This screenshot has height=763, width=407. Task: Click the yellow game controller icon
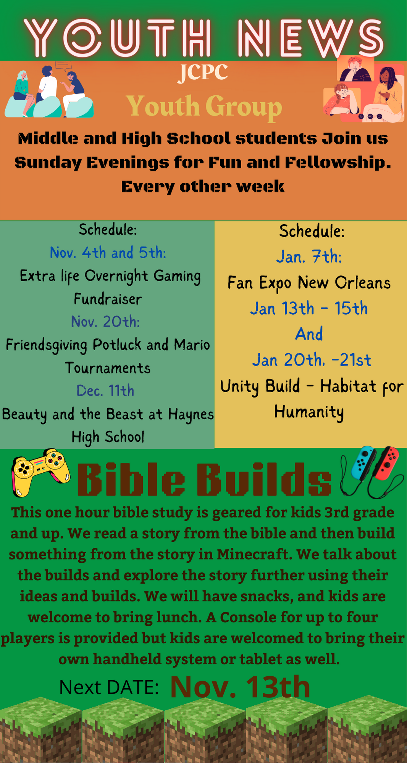(40, 472)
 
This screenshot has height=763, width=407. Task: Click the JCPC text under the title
(203, 73)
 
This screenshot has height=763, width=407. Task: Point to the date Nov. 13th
(240, 687)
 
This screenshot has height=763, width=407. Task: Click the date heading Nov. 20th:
(105, 322)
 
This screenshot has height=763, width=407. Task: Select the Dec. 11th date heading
(105, 391)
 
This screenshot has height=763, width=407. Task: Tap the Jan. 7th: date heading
(309, 256)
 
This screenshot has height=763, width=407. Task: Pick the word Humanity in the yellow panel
(309, 412)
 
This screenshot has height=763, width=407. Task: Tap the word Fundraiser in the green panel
(108, 299)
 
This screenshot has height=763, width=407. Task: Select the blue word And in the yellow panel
(309, 334)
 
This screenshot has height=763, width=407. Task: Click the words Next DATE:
(109, 687)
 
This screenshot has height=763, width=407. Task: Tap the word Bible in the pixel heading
(131, 479)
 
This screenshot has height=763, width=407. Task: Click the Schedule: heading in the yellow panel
(312, 231)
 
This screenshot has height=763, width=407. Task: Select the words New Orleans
(344, 283)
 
